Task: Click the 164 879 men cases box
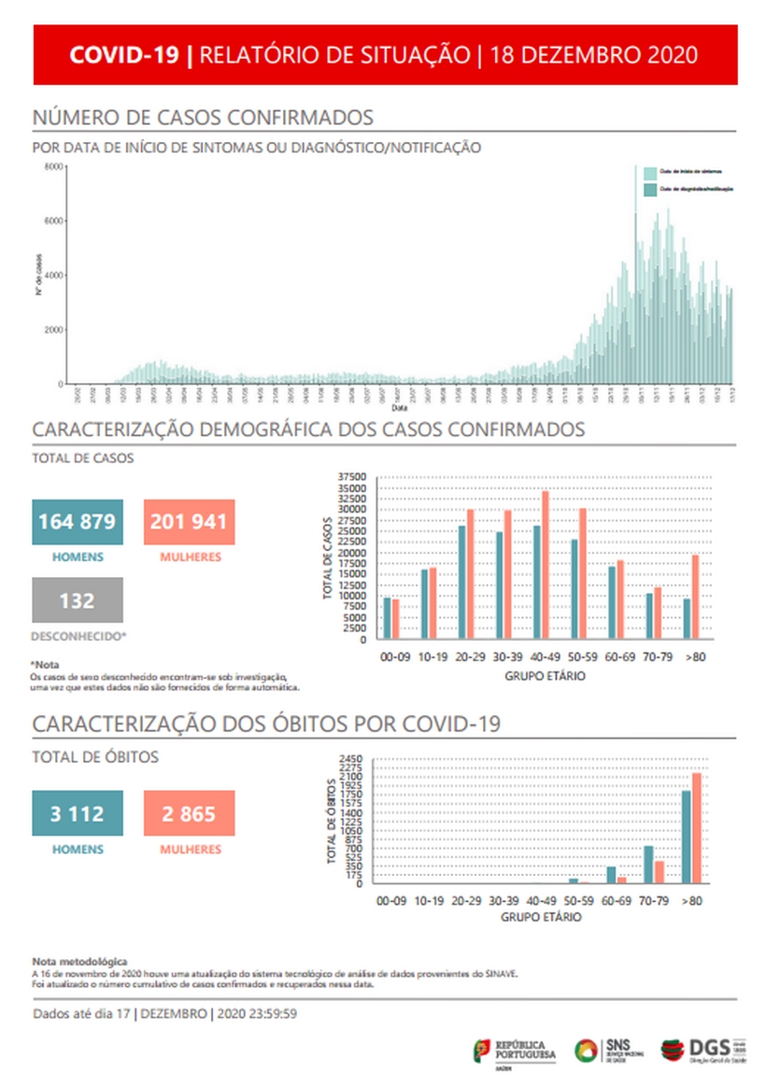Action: (78, 521)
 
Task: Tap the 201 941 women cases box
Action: (188, 521)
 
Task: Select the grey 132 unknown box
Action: (78, 600)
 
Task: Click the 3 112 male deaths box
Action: (78, 813)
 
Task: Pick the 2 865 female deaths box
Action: (188, 813)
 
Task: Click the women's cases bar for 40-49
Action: (546, 565)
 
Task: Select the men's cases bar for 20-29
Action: (462, 582)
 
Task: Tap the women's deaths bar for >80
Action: (696, 827)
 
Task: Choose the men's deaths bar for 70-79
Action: (648, 864)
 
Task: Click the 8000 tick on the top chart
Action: (54, 167)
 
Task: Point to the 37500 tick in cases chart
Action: (353, 477)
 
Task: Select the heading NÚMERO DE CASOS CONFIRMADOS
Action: (203, 118)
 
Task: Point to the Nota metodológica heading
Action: (79, 961)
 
